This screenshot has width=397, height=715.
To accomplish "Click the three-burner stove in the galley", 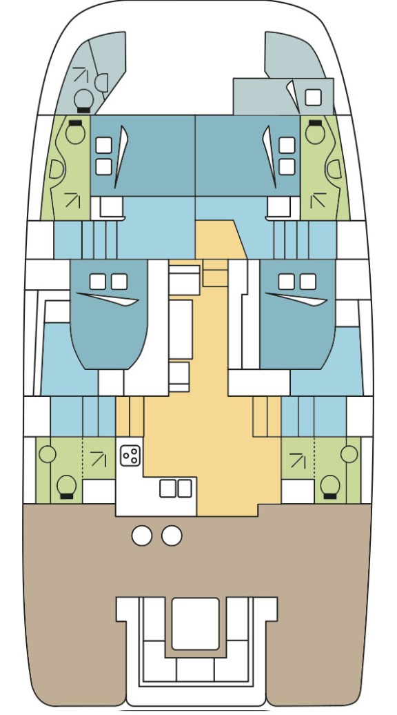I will (130, 455).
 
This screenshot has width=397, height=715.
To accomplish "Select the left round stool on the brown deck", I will (141, 536).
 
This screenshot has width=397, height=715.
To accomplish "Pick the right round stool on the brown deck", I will (172, 536).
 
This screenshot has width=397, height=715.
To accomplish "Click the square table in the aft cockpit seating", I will (195, 623).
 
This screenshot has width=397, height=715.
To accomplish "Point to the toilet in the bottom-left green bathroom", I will (66, 485).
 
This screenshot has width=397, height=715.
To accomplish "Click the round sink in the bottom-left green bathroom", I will (48, 454).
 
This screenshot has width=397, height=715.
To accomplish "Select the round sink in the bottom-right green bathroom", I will (349, 454).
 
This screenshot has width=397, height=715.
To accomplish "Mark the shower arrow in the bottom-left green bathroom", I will (99, 458).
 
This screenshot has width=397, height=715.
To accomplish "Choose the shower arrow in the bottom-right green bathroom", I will (298, 458).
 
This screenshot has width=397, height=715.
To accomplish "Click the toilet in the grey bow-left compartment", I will (83, 99).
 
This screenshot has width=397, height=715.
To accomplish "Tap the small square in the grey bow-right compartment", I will (313, 97).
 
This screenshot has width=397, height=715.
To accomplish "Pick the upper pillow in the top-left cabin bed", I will (103, 145).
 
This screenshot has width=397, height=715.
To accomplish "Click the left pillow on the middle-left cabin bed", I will (98, 282).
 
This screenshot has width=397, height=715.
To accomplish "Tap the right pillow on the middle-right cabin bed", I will (308, 282).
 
